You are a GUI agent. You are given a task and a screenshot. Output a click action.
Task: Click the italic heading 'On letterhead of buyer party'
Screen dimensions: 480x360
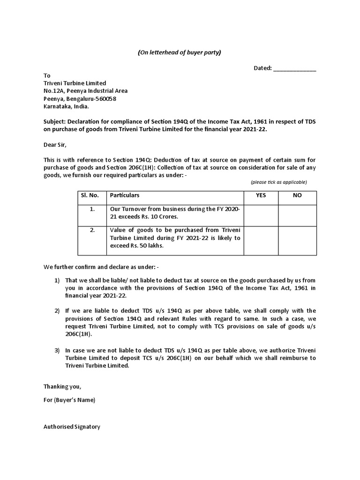click(179, 52)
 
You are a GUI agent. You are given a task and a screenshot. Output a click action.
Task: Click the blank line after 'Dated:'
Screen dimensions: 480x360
click(294, 69)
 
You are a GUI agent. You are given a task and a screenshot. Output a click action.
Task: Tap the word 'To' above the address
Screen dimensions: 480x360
click(47, 75)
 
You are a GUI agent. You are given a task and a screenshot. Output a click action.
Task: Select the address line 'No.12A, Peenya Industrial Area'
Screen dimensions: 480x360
click(85, 91)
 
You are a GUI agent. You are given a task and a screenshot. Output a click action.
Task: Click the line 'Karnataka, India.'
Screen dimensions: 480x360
click(66, 106)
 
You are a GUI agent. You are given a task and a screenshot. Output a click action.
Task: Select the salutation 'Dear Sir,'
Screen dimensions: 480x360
click(56, 145)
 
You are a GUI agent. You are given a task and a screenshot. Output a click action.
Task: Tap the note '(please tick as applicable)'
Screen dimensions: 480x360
click(278, 182)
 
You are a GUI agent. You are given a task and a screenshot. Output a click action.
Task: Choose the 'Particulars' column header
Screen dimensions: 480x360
click(125, 195)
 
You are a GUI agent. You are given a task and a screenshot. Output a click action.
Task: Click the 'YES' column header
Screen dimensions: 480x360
click(261, 195)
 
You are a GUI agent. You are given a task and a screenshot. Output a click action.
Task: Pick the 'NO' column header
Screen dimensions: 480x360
click(298, 195)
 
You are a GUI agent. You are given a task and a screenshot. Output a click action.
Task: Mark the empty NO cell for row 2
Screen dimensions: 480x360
click(298, 240)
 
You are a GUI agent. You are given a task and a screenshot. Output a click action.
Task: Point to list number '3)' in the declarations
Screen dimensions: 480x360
click(57, 350)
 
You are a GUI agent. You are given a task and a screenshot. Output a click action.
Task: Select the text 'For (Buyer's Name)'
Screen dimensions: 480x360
click(69, 400)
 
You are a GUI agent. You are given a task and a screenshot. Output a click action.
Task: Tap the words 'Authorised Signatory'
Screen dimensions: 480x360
click(72, 427)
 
